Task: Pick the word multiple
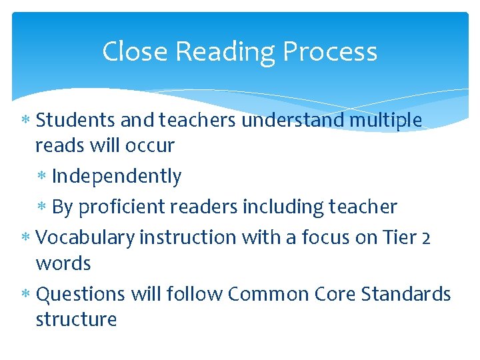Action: pos(386,121)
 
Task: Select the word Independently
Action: pos(116,177)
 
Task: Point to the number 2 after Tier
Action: pos(425,237)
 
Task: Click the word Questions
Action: pos(81,294)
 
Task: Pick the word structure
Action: pos(76,319)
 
